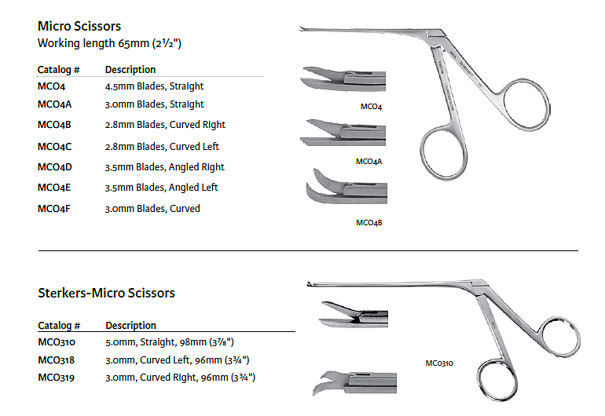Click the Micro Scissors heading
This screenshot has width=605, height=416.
pos(79,27)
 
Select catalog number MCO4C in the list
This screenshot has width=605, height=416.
pos(55,146)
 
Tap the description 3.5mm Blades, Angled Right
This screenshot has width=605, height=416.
pos(164,166)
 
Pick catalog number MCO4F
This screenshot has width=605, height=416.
pos(54,209)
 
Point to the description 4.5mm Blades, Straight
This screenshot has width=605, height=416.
pos(154,86)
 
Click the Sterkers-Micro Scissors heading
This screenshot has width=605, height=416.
pos(106,293)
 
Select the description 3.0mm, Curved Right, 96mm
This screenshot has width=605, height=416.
pos(180,378)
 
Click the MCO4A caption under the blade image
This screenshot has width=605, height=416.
pos(369,162)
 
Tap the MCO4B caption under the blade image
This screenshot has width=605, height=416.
pos(369,223)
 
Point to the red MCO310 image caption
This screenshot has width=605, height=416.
pos(439,363)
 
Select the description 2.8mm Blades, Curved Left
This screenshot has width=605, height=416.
pos(162,146)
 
